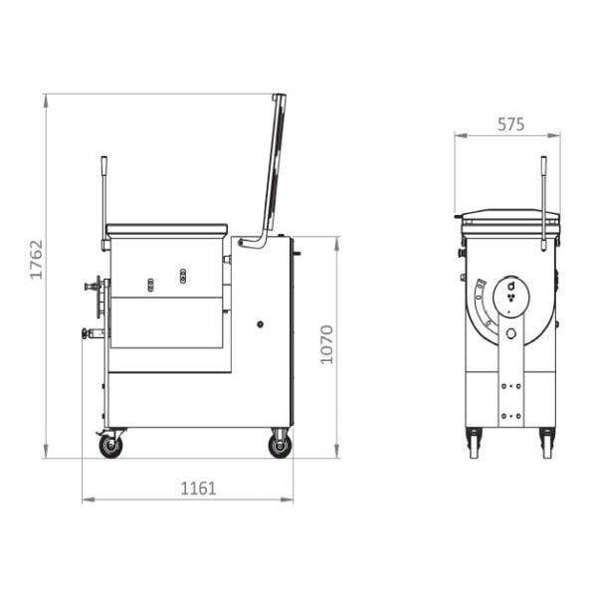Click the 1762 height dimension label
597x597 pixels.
point(36,259)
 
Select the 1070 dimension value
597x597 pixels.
point(327,343)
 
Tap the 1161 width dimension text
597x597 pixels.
point(198,489)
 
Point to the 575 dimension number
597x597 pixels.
point(510,124)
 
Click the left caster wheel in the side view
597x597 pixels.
point(110,446)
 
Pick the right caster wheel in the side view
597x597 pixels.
point(280,445)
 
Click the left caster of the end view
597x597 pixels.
point(473,443)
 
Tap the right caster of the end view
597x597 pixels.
point(546,443)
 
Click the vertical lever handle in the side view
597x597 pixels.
point(103,199)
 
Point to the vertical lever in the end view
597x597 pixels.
point(543,199)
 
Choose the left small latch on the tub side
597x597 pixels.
point(151,286)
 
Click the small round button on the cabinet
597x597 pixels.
point(261,324)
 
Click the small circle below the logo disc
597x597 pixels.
point(511,333)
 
